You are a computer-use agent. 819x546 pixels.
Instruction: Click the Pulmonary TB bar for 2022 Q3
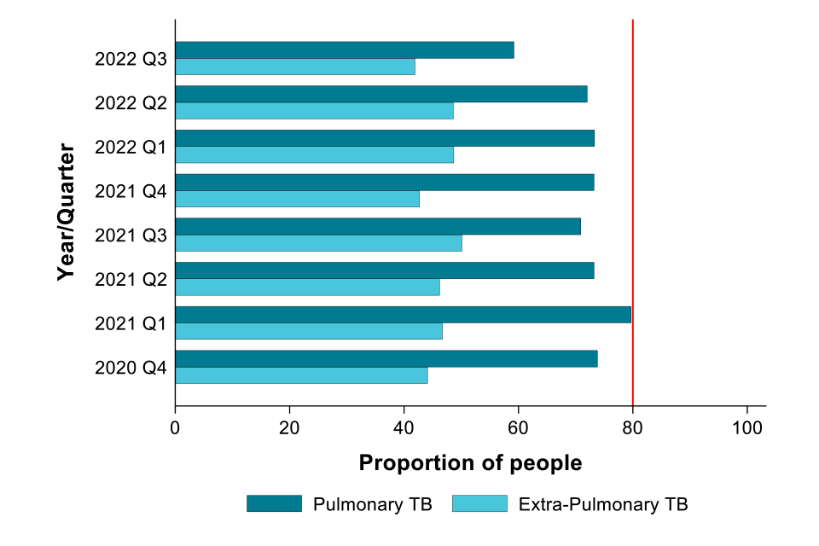344,50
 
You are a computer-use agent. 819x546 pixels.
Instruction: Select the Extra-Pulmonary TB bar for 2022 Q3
294,67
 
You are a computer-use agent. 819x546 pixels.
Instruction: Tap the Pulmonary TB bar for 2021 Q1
403,315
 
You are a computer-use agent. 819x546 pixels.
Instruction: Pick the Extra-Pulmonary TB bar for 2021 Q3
318,243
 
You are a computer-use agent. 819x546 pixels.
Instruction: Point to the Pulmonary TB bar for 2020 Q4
386,359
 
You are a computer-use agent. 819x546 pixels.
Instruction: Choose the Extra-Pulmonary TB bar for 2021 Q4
297,199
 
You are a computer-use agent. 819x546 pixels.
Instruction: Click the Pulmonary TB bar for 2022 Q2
380,94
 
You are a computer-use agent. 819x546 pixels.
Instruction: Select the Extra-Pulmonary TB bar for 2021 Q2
307,288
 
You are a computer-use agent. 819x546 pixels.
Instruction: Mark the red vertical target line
632,213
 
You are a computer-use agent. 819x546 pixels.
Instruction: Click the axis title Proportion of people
470,463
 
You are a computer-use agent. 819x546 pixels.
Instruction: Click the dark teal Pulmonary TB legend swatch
274,503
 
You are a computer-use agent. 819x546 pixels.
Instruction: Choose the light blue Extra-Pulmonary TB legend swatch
479,503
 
